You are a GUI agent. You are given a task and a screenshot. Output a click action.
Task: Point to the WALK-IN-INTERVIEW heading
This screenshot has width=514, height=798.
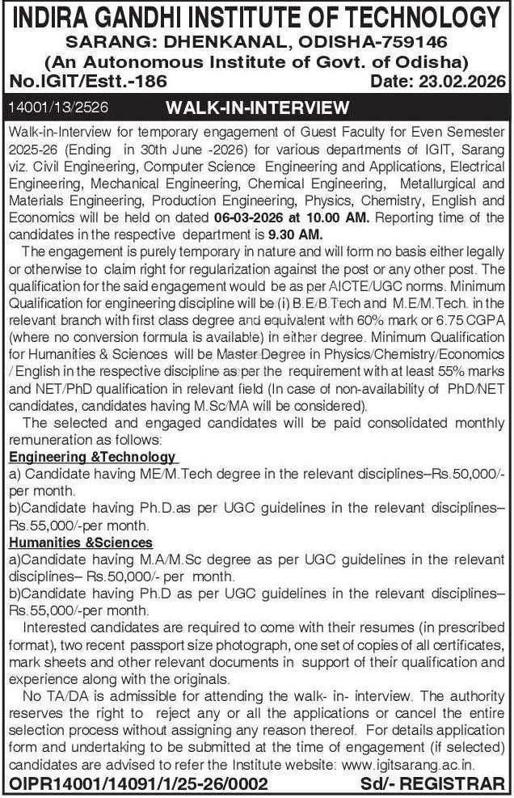[x=257, y=108]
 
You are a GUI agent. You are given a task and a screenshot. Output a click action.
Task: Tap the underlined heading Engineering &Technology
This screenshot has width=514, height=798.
[x=91, y=457]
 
